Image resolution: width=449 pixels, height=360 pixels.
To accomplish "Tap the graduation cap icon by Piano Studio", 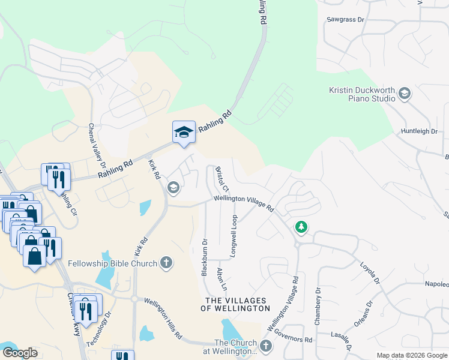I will [x=404, y=93].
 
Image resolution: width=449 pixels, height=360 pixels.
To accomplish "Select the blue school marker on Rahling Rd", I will [x=184, y=133].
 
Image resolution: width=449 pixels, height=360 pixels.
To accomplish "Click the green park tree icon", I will [x=301, y=227].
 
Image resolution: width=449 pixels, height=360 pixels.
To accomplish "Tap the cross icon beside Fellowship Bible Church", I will [x=166, y=263].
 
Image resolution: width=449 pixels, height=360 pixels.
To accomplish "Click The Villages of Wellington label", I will [x=238, y=304].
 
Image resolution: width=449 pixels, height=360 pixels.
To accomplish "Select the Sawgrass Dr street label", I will [x=346, y=20].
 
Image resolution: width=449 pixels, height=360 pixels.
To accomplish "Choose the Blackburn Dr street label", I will [x=204, y=258].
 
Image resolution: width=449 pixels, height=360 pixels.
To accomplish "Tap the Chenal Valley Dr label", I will [x=97, y=146].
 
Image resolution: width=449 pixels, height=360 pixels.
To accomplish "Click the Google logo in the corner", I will [x=20, y=353].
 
